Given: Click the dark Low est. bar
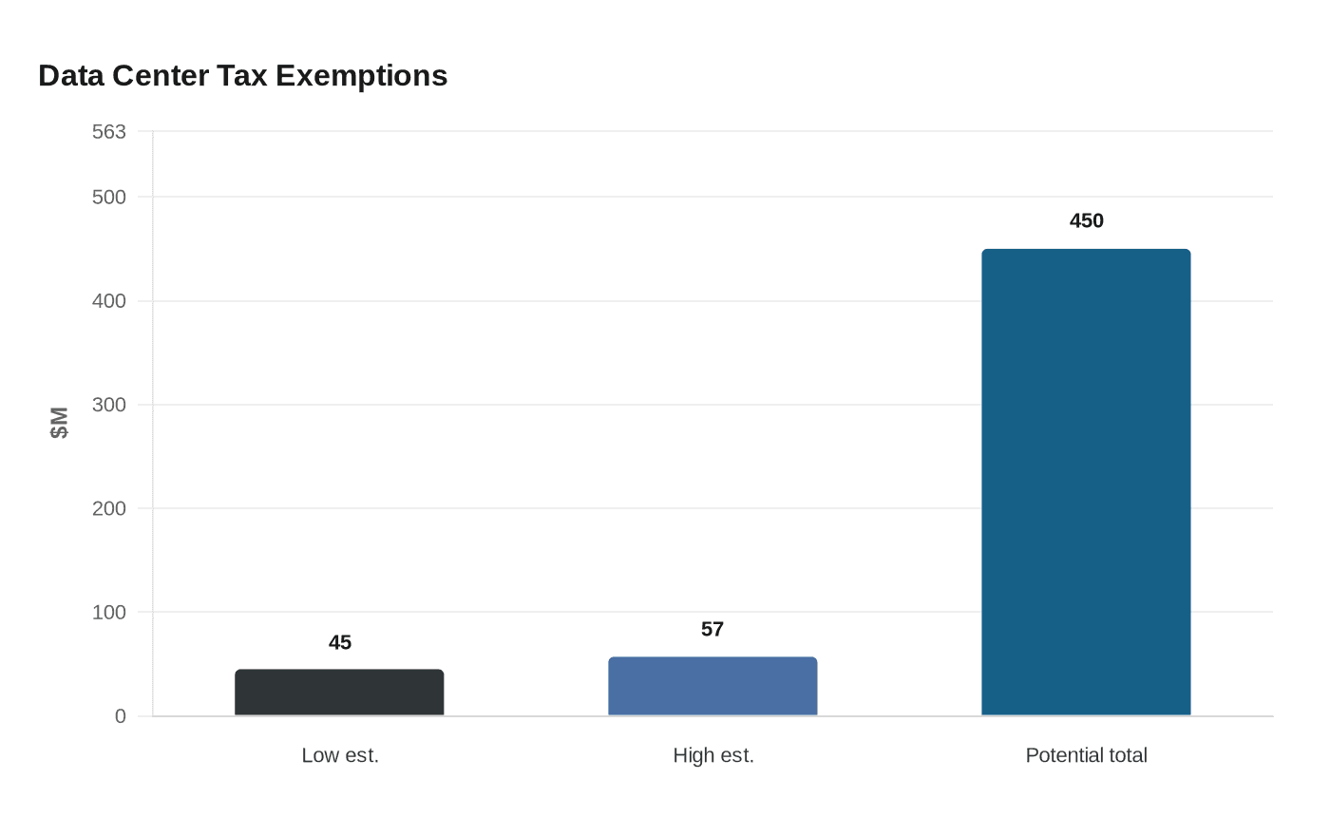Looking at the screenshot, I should click(339, 693).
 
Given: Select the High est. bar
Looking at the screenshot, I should click(712, 686).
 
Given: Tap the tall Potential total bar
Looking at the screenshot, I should click(1086, 483).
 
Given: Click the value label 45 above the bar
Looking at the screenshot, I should click(340, 643).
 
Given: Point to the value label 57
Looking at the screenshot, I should click(712, 630).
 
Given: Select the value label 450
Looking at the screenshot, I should click(1086, 221).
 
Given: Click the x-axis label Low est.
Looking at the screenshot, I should click(340, 755).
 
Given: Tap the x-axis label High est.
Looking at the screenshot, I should click(712, 755).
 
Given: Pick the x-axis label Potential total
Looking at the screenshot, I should click(1086, 755).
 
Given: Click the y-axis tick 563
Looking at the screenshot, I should click(109, 132).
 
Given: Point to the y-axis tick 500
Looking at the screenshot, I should click(109, 198).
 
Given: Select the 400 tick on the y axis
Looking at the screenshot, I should click(109, 301).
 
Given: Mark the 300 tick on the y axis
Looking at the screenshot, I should click(109, 405).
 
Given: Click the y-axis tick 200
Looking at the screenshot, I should click(109, 508).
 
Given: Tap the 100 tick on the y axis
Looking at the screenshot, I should click(109, 612).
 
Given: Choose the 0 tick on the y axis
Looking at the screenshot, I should click(120, 716).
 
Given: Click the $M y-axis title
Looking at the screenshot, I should click(59, 423).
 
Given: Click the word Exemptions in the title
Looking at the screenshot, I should click(361, 76).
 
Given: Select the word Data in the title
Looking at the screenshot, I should click(71, 76).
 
